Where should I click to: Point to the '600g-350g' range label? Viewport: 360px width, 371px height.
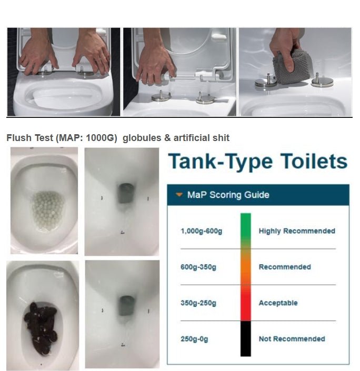tap(198, 267)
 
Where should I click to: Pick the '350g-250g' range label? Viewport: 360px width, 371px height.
tap(198, 303)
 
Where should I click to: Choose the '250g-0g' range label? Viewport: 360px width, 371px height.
tap(194, 339)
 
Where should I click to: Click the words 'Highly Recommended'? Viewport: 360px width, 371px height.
tap(297, 231)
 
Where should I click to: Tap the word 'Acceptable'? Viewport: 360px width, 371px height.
tap(278, 303)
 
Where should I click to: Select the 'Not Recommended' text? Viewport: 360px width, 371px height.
tap(292, 339)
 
